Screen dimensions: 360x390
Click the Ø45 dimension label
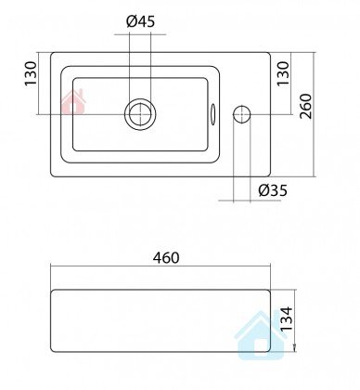140,21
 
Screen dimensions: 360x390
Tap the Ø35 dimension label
273,190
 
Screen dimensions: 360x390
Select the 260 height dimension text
306,107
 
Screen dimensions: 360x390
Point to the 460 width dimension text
166,257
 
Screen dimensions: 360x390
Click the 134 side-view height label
286,318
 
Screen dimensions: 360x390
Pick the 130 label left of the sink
31,74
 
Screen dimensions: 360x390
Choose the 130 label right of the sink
283,74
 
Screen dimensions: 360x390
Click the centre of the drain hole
140,114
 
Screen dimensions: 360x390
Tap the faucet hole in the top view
242,114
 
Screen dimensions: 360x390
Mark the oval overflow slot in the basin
212,114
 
